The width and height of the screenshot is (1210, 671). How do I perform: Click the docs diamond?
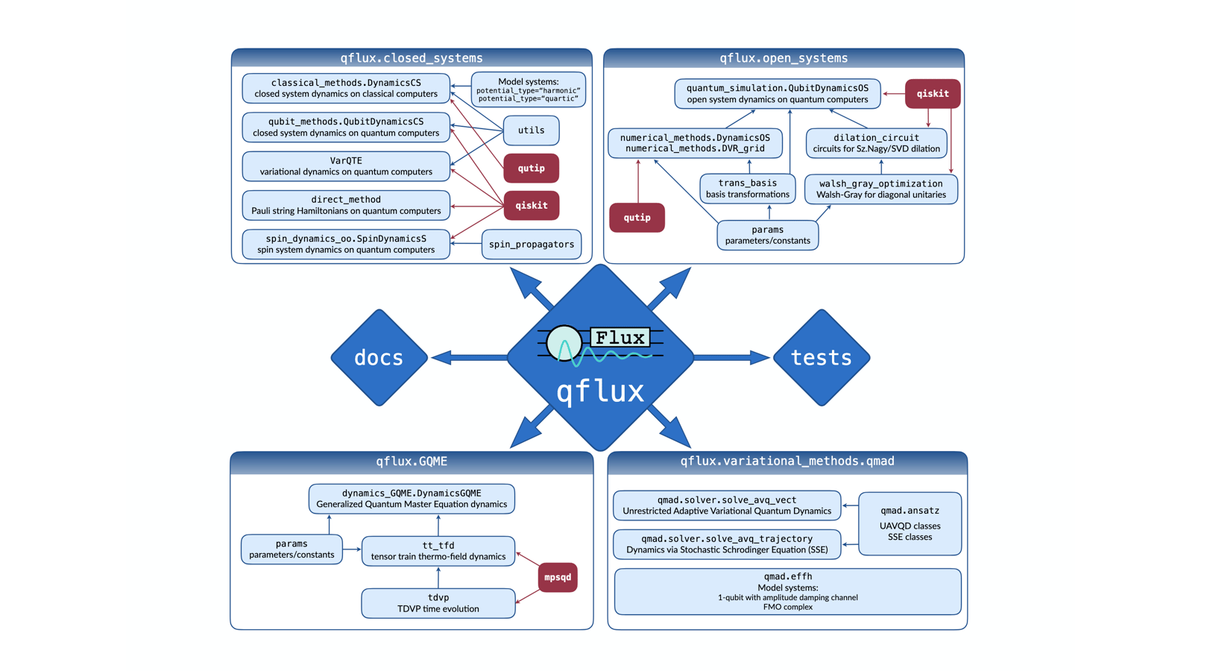tap(379, 358)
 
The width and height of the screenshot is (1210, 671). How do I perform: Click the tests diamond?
tap(821, 358)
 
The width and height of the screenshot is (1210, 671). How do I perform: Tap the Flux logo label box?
tap(620, 338)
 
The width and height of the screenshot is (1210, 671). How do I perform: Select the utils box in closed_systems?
tap(531, 130)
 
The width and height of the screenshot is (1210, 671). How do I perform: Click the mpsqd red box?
tap(557, 577)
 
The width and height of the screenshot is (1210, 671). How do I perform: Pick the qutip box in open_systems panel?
tap(637, 218)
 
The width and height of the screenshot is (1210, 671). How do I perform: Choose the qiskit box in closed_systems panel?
tap(531, 206)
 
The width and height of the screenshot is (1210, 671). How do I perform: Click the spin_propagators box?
tap(531, 245)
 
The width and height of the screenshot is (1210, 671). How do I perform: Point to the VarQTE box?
tap(346, 166)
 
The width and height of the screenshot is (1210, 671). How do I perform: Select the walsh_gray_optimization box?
tap(880, 189)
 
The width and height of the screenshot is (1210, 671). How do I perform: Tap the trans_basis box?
tap(747, 189)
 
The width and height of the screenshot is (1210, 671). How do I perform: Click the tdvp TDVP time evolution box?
tap(438, 603)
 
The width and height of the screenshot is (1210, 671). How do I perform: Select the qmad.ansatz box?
tap(910, 523)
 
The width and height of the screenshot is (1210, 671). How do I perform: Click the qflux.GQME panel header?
tap(412, 461)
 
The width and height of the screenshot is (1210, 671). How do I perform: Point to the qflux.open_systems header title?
tap(783, 58)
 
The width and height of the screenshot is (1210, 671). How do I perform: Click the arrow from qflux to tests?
tap(731, 358)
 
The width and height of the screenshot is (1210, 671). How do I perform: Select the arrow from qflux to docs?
tap(470, 358)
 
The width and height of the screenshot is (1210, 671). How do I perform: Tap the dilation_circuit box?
tap(876, 143)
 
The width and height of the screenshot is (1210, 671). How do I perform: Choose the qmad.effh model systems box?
tap(787, 591)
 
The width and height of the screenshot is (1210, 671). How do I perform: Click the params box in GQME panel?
tap(292, 549)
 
